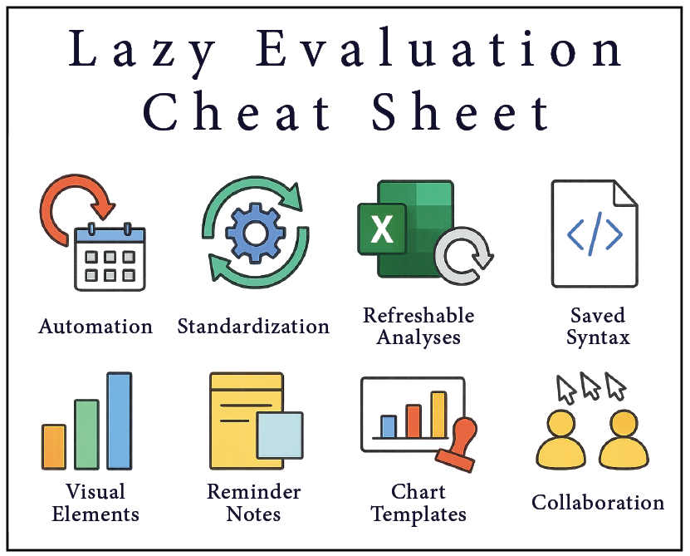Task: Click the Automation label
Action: click(95, 327)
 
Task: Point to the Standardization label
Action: click(253, 327)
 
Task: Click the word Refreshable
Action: click(418, 316)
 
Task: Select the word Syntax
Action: click(598, 338)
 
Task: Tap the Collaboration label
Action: click(598, 503)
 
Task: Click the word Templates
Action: click(418, 514)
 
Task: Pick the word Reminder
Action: click(254, 492)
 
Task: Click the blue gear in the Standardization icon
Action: click(254, 234)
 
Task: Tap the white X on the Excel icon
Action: click(381, 229)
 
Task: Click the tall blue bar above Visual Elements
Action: click(120, 421)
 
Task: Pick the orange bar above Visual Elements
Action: click(54, 447)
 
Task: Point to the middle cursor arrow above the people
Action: click(590, 386)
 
